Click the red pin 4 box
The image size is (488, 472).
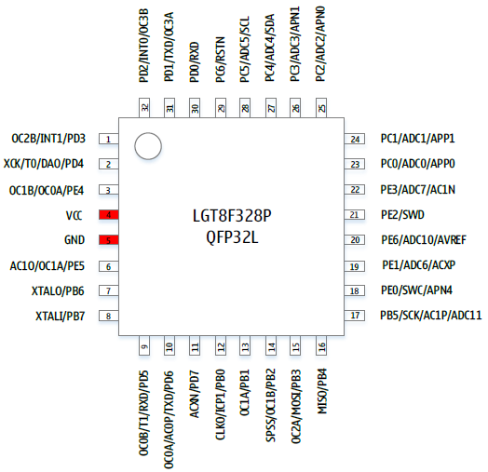click(109, 215)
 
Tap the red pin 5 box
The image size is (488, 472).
click(109, 240)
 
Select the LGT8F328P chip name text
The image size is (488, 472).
click(232, 216)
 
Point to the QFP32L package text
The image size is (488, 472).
click(232, 238)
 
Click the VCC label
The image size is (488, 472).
click(75, 215)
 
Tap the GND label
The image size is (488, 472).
click(75, 240)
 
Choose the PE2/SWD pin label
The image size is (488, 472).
click(402, 215)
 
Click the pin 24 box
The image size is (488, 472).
click(355, 139)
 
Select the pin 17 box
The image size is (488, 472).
click(355, 316)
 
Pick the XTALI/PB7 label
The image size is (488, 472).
click(60, 317)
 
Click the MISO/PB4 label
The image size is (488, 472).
click(322, 391)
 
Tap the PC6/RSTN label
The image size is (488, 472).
click(221, 60)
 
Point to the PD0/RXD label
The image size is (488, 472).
click(195, 62)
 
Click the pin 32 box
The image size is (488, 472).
click(144, 108)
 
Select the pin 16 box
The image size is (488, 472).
click(321, 345)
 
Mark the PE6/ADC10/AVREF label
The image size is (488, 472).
click(424, 240)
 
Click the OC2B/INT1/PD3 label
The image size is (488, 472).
click(48, 139)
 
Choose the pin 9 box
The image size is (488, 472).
click(144, 345)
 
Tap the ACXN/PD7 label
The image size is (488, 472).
click(195, 394)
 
